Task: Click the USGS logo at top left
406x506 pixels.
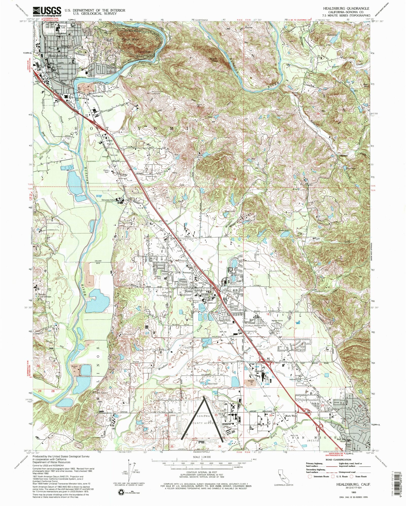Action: coord(47,11)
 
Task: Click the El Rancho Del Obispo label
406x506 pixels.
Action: coord(43,295)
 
